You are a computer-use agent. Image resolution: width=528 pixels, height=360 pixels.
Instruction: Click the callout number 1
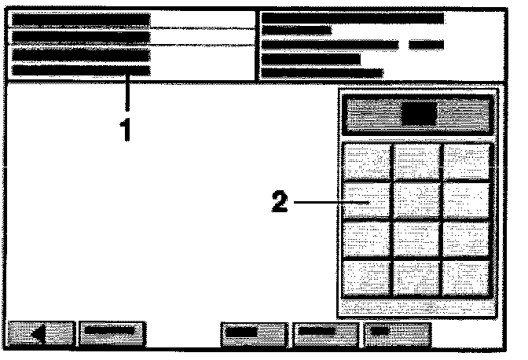point(123,130)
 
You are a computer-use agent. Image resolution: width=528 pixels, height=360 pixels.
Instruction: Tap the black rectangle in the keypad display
point(418,116)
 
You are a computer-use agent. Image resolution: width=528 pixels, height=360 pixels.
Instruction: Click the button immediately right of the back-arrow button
point(112,333)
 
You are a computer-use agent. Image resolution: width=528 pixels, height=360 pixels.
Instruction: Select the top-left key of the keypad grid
point(368,161)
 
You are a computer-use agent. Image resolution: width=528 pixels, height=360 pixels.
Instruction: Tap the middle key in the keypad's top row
point(416,161)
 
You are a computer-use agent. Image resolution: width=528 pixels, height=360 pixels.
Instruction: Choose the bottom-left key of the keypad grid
point(368,277)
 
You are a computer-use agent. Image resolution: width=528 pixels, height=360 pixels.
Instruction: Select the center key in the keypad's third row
point(416,239)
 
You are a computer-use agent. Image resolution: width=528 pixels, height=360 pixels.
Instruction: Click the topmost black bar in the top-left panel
point(81,20)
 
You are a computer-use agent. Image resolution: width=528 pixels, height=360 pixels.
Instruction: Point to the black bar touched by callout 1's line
point(81,71)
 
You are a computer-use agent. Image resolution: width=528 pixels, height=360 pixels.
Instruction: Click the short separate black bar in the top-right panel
point(427,45)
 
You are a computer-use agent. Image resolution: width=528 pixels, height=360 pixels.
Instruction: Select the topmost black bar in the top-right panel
point(353,18)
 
